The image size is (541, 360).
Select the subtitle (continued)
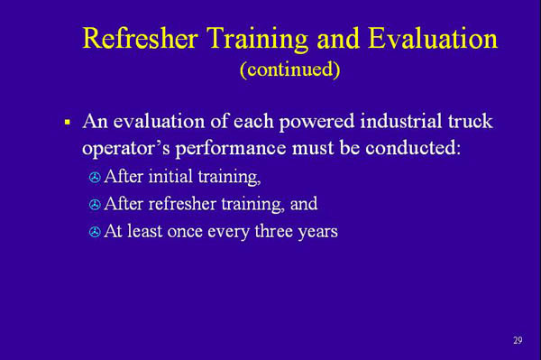click(x=289, y=69)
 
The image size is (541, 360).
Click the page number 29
click(x=518, y=340)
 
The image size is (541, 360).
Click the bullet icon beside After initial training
click(x=96, y=179)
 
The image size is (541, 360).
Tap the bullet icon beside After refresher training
click(x=96, y=206)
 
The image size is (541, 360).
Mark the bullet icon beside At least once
click(x=96, y=233)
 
